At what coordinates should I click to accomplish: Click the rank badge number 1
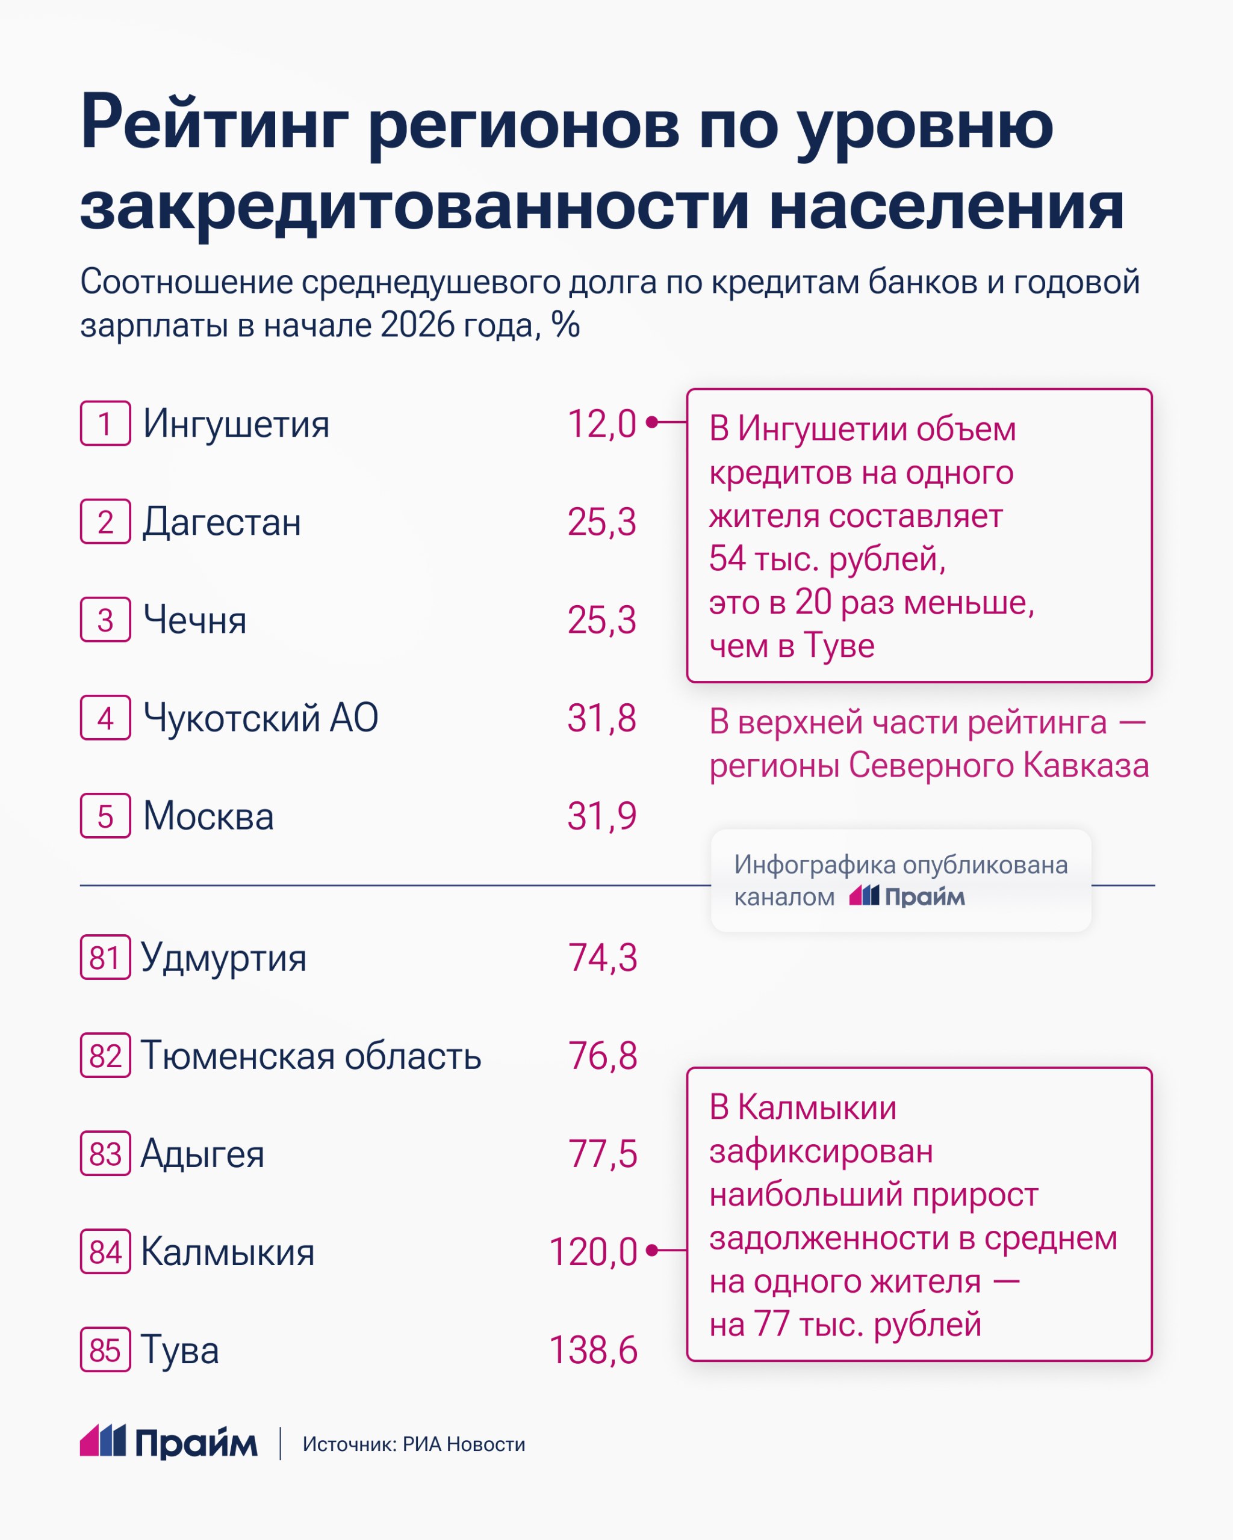[105, 423]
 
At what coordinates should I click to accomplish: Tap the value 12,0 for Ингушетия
[601, 424]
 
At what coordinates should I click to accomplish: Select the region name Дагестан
[222, 522]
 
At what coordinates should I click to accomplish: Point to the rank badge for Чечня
[105, 619]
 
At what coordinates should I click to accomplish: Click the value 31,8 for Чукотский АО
[601, 718]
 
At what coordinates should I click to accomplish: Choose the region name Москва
[208, 816]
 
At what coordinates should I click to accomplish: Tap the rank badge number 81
[105, 957]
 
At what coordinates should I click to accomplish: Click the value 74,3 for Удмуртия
[602, 958]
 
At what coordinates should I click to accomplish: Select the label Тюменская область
[311, 1056]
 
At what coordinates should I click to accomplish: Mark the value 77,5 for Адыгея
[602, 1154]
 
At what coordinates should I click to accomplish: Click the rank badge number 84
[105, 1251]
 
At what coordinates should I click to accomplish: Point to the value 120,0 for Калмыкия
[592, 1252]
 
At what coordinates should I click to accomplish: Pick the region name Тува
[179, 1350]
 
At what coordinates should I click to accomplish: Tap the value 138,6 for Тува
[592, 1350]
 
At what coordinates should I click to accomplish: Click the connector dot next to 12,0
[651, 423]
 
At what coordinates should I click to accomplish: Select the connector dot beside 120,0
[651, 1250]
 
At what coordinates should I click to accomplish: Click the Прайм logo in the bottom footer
[169, 1444]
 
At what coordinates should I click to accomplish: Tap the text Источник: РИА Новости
[413, 1444]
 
